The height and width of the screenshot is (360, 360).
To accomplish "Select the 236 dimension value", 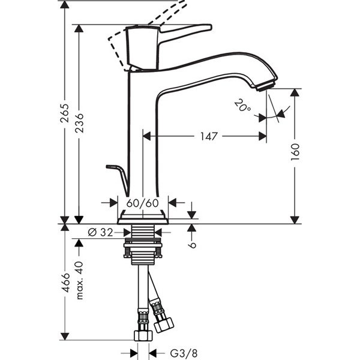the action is [79, 123].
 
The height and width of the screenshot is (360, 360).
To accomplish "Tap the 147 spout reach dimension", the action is [209, 136].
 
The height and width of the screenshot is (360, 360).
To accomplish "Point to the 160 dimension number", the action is [295, 152].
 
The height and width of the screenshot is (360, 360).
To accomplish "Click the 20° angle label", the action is [242, 106].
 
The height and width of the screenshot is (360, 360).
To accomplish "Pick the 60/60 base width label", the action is [143, 203].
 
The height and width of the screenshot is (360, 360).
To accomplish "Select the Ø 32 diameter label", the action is [100, 233].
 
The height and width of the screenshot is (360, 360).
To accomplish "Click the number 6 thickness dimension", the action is [192, 245].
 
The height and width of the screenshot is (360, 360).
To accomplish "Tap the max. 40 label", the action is [79, 280].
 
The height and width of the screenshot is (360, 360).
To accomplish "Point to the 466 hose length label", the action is [65, 283].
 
